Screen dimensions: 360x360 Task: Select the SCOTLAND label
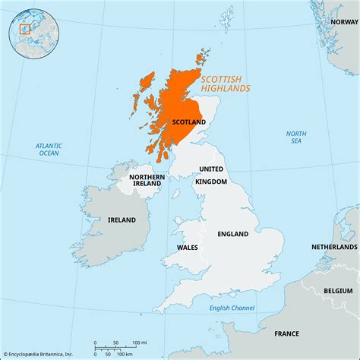(x=188, y=122)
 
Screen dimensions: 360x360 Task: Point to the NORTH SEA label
(x=295, y=137)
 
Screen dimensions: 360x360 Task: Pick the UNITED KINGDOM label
(x=212, y=175)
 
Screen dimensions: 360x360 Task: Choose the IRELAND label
(x=121, y=219)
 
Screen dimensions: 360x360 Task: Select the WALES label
(x=188, y=247)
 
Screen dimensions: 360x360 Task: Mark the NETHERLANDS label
(x=334, y=248)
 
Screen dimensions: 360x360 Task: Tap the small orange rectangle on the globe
(x=24, y=29)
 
